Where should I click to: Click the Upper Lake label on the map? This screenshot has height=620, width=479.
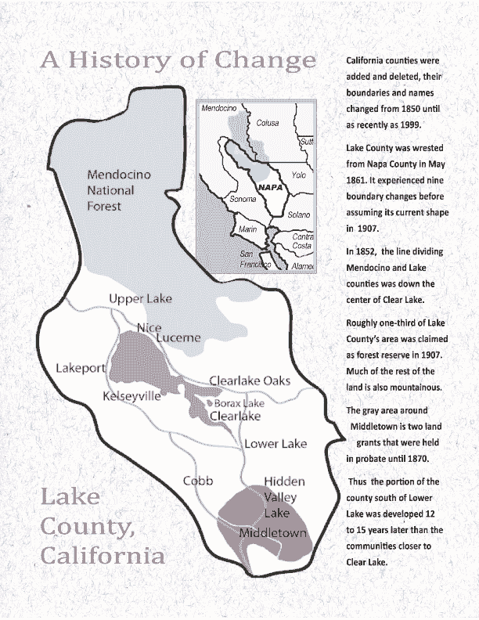coord(140,299)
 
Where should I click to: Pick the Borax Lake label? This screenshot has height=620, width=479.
coord(239,403)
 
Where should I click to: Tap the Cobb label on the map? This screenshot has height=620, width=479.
coord(198,481)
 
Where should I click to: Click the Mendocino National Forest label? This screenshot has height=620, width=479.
coord(110,190)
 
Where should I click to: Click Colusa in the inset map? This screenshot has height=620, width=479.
coord(268,123)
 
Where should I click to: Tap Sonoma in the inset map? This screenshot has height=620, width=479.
coord(220,200)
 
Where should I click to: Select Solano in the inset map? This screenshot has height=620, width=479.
coord(297,214)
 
